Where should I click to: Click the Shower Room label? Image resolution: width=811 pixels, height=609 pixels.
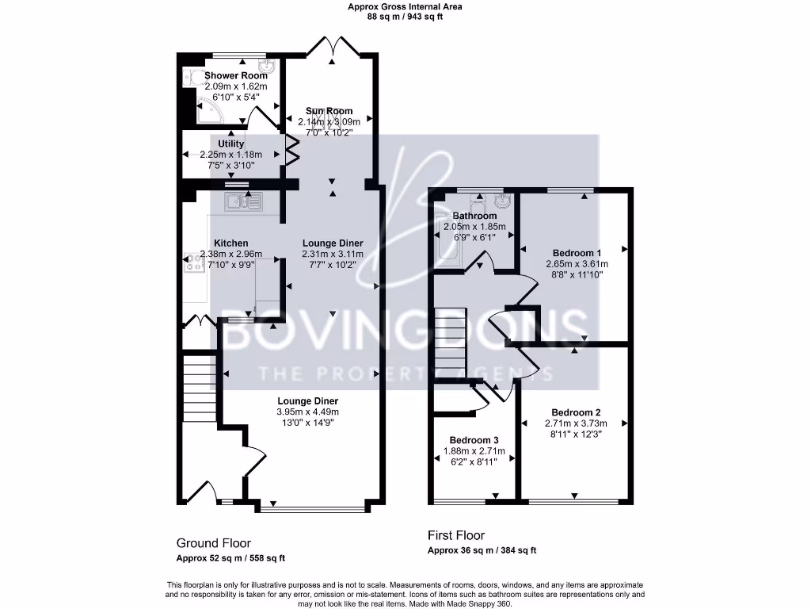tap(235, 76)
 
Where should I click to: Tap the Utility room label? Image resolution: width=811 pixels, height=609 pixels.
tap(231, 144)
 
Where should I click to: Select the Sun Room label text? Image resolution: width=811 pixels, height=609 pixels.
tap(329, 111)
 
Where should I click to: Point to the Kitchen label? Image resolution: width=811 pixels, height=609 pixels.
tap(231, 243)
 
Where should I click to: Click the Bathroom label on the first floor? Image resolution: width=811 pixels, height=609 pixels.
tap(474, 216)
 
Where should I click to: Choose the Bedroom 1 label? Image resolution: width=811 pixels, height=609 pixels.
tap(576, 254)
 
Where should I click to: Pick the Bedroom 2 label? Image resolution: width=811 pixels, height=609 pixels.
tap(576, 413)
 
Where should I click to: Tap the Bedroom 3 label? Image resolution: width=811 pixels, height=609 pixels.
tap(474, 440)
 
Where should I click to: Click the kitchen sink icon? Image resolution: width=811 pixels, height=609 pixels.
tap(244, 202)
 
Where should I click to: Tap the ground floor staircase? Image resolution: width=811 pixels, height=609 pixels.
tap(199, 389)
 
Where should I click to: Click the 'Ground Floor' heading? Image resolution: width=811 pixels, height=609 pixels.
tap(213, 543)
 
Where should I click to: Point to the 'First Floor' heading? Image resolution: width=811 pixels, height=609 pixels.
tap(455, 535)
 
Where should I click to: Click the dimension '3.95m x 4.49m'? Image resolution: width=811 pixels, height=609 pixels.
tap(307, 412)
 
